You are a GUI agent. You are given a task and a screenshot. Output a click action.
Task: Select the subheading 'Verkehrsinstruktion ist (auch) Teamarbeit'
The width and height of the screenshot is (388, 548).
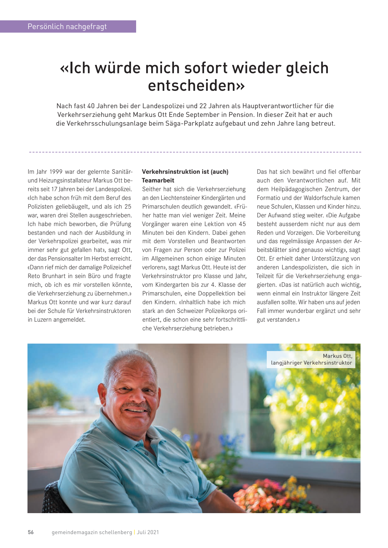[x=185, y=176]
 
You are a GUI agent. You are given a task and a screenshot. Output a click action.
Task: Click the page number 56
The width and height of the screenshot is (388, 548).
[x=31, y=532]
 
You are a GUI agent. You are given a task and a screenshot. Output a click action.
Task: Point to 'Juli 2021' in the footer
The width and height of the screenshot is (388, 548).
[x=148, y=532]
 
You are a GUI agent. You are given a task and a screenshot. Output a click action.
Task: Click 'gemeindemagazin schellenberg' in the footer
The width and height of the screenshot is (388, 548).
[x=92, y=532]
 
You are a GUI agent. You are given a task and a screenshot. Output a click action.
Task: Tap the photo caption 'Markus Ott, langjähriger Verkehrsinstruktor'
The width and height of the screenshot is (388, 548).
[x=311, y=359]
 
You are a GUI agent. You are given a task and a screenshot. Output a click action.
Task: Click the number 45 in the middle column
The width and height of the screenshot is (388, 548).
[x=242, y=224]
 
